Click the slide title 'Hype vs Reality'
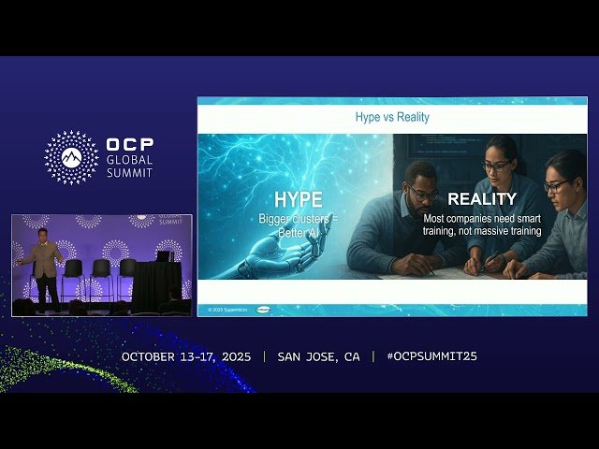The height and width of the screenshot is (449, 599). pos(392,118)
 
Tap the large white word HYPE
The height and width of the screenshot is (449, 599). pos(298,199)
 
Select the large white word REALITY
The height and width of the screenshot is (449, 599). pos(481,198)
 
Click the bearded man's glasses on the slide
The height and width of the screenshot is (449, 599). pos(423,194)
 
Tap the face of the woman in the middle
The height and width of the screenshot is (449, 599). pos(497,166)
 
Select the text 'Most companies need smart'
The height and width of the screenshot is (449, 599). pos(481,218)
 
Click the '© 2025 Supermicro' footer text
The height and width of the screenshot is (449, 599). pos(228,309)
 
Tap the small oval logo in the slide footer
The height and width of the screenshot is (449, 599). pos(263,309)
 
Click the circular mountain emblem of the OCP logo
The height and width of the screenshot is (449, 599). pos(71,157)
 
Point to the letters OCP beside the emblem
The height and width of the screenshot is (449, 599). pos(129,146)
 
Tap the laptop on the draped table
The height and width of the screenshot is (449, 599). pos(165,255)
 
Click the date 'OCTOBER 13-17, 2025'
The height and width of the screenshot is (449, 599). pos(186,356)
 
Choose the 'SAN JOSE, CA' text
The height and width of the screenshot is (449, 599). pos(318,356)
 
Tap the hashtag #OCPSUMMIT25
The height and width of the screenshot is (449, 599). pos(431,356)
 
